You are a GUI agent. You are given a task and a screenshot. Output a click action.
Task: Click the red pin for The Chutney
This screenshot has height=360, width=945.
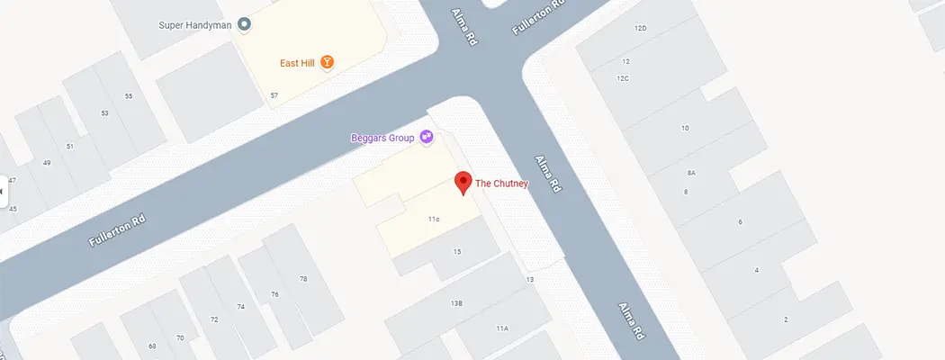tap(463, 182)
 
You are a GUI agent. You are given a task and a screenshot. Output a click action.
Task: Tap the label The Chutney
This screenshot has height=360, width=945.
tap(501, 184)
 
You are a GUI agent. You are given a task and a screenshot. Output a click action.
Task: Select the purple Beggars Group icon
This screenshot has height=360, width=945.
tap(427, 138)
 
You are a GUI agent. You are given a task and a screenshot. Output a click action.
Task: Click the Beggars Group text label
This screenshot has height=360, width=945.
tap(382, 138)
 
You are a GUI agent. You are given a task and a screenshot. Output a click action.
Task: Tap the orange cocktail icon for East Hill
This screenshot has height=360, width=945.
tap(328, 62)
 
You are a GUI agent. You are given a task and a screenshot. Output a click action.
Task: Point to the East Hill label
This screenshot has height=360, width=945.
tap(295, 62)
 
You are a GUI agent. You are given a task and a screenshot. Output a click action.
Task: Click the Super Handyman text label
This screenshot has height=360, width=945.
tap(195, 25)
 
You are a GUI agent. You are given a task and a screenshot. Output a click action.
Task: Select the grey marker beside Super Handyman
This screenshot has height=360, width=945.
tap(244, 25)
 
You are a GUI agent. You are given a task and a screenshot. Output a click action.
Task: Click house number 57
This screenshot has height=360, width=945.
tap(274, 95)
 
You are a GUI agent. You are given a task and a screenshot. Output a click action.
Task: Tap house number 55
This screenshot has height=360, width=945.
tap(129, 96)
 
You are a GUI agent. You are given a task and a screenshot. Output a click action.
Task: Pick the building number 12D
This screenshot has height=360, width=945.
tap(641, 29)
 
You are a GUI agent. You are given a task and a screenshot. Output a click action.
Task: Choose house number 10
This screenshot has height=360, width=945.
tap(685, 129)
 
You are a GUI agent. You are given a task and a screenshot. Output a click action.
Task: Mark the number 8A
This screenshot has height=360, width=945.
tap(691, 172)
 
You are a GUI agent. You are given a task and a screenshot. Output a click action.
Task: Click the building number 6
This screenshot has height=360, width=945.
tap(740, 221)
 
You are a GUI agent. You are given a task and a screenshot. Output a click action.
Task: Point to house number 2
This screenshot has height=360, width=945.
tap(786, 319)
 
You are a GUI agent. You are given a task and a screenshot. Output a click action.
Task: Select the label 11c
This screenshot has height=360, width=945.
tap(433, 219)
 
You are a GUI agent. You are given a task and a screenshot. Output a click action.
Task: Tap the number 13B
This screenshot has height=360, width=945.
tap(456, 304)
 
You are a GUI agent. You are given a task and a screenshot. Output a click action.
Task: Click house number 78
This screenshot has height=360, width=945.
tap(302, 279)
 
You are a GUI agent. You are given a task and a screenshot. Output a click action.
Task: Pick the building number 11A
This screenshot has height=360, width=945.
tap(502, 328)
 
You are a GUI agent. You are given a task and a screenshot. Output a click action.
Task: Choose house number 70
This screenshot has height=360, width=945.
tap(180, 337)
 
